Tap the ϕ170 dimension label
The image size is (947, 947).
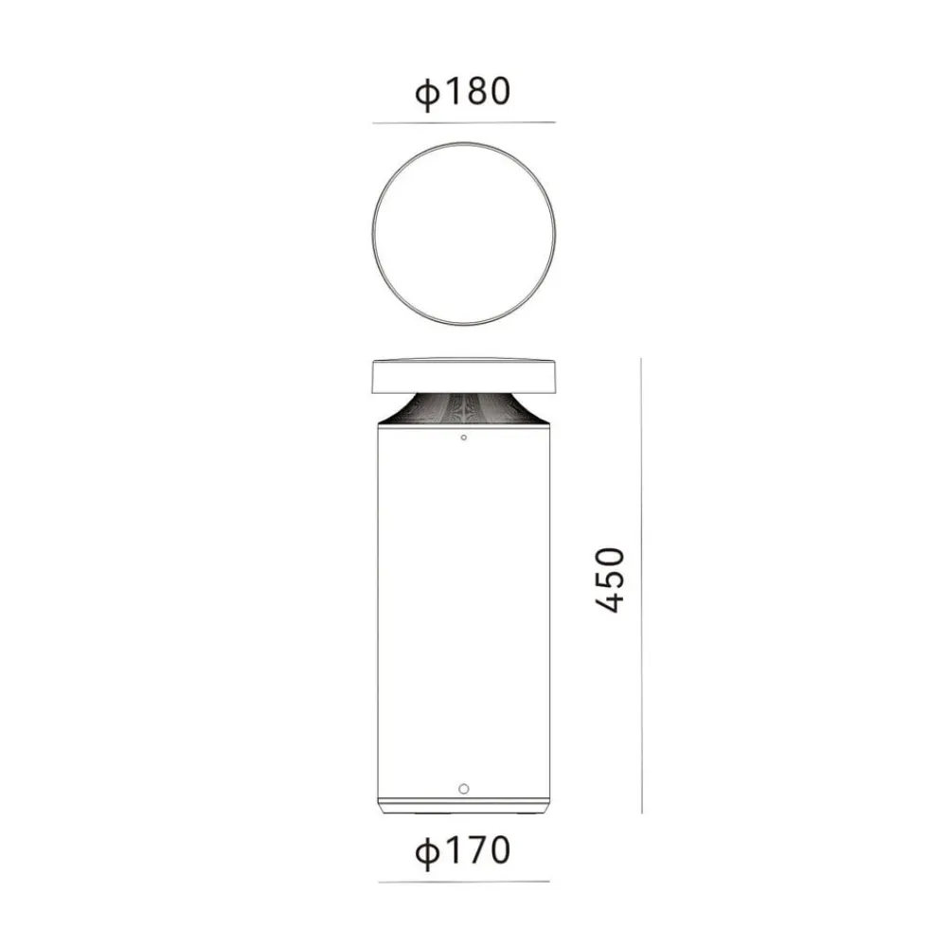coord(463,850)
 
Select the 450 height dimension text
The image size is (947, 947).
coord(609,581)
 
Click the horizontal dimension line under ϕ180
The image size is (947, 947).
coord(464,122)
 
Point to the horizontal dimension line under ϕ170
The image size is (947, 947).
coord(464,881)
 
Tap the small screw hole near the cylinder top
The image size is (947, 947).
coord(464,438)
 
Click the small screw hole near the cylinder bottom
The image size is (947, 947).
coord(464,789)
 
